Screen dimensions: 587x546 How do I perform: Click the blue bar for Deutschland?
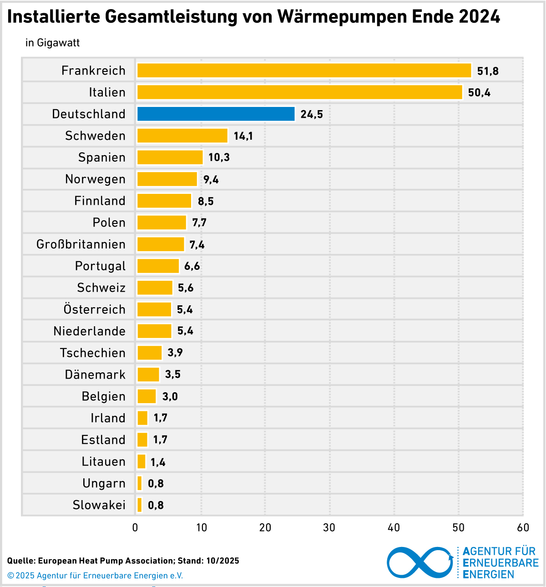(216, 114)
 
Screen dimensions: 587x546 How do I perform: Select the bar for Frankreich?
(304, 71)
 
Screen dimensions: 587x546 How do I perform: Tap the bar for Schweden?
(182, 136)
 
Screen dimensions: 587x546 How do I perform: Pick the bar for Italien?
(299, 92)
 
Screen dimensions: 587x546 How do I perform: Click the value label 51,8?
(488, 71)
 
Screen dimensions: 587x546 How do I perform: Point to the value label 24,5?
(312, 114)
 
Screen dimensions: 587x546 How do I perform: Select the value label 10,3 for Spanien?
(219, 157)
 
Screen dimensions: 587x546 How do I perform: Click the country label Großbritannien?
(81, 244)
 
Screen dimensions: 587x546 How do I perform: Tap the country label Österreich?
(95, 309)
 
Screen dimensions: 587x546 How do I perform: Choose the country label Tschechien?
(93, 353)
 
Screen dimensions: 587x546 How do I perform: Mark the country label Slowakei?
(99, 505)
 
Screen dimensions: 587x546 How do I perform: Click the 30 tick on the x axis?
(329, 527)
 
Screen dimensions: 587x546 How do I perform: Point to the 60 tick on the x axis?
(523, 527)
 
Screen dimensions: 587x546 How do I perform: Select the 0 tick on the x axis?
(135, 527)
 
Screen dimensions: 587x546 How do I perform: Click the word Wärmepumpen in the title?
(342, 17)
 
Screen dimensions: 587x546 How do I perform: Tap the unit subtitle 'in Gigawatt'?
(53, 43)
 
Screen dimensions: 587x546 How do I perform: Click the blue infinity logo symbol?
(420, 562)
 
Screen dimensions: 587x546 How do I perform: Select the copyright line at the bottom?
(95, 576)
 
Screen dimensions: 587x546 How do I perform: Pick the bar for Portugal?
(158, 266)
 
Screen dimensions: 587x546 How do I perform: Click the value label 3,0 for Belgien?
(170, 396)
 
